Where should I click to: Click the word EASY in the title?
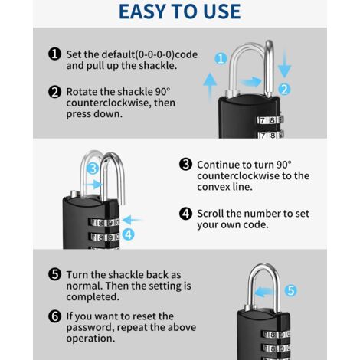click(x=142, y=11)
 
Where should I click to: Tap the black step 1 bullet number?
click(x=54, y=54)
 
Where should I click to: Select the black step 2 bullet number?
click(x=54, y=92)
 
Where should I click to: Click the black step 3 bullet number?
click(x=185, y=164)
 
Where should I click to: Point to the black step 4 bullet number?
click(x=185, y=214)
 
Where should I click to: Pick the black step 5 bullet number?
click(x=54, y=274)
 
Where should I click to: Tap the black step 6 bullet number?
click(x=54, y=316)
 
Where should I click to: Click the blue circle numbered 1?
click(x=221, y=58)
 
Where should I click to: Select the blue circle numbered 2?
click(x=284, y=90)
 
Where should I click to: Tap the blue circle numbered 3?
click(x=93, y=169)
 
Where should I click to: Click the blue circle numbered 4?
click(x=128, y=234)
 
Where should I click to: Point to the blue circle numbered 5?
click(x=291, y=290)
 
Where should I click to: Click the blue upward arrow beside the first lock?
click(x=210, y=87)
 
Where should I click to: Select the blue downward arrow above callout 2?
click(x=284, y=64)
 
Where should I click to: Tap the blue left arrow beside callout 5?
click(x=264, y=292)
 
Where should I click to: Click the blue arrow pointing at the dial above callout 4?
click(x=131, y=220)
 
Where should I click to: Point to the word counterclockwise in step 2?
click(x=121, y=103)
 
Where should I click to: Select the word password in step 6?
click(x=90, y=328)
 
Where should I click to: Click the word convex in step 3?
click(x=214, y=187)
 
